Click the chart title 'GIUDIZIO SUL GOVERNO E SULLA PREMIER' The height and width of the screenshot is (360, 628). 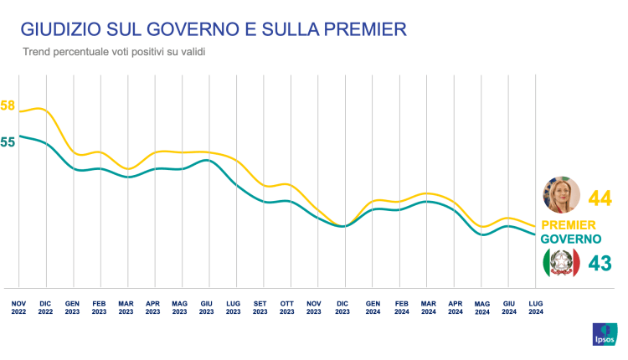pos(214,29)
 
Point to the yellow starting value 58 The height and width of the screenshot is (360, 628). pos(8,105)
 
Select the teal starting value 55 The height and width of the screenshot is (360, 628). pos(8,142)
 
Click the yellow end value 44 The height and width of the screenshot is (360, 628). pos(600,198)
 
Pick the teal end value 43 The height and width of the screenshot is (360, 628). pos(600,263)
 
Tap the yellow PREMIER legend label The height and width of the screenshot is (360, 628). pos(569,224)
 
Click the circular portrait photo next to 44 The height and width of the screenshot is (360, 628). pos(562,196)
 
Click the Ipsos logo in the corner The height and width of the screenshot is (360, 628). pos(604,332)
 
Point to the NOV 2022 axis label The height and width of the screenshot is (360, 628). pos(18,306)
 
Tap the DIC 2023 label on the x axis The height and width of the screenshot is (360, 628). pos(342,306)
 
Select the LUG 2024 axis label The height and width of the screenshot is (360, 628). pos(536,306)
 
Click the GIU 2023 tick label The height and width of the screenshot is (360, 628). pos(207,306)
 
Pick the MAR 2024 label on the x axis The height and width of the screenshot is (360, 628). pos(429,306)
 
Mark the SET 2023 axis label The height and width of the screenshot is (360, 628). pos(260,306)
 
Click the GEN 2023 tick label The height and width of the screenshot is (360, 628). pos(72,306)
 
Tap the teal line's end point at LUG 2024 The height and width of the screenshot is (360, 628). pos(536,234)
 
